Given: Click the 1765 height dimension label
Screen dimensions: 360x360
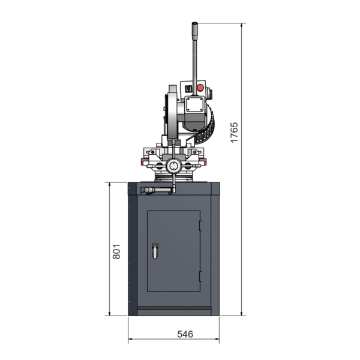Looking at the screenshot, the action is coord(234,133).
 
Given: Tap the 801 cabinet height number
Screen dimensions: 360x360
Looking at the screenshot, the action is coord(116,251).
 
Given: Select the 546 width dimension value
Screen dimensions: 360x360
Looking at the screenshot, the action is coord(185,334).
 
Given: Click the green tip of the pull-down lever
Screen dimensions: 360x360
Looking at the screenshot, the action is coord(194,23).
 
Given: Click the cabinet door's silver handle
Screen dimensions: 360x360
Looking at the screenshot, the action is coord(155,251).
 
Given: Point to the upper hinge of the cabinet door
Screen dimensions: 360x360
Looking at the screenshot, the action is coord(200,226).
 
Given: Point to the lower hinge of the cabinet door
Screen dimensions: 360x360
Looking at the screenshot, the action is coord(200,277).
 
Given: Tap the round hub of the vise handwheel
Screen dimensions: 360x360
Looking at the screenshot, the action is coord(174,166).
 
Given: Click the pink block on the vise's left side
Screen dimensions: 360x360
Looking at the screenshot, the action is coord(145,161).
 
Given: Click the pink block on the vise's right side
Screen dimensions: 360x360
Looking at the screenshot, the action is coord(203,161).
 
